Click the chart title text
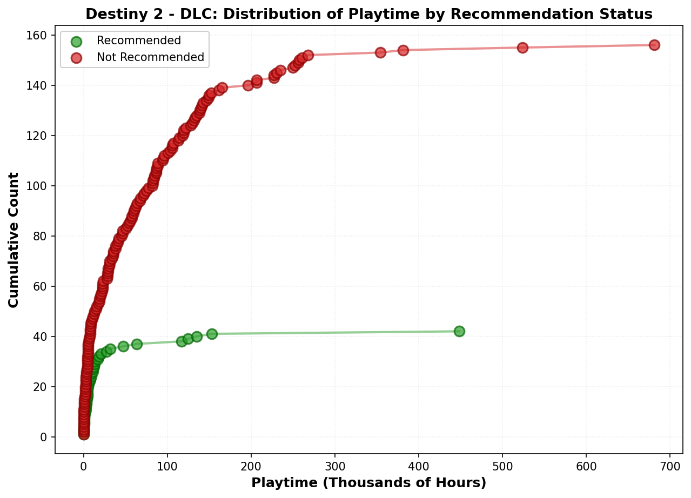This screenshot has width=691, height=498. [x=368, y=14]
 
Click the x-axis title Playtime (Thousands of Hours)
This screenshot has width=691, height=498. [x=368, y=482]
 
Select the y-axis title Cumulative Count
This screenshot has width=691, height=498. [x=14, y=240]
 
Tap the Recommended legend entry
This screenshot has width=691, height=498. [x=138, y=41]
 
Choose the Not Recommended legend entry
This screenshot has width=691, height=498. [x=150, y=57]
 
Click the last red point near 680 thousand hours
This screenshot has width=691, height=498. [x=654, y=45]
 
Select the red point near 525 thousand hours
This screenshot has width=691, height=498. [x=522, y=48]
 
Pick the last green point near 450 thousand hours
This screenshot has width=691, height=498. [x=459, y=331]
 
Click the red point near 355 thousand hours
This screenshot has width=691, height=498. [x=380, y=52]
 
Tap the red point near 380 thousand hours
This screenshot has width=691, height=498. [x=403, y=50]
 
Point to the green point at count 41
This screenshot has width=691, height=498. [x=212, y=334]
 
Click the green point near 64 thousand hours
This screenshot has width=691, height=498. [x=137, y=344]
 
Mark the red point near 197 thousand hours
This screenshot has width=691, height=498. [x=248, y=85]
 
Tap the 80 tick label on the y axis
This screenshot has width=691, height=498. [x=42, y=236]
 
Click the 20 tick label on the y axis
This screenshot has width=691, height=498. [x=42, y=387]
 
